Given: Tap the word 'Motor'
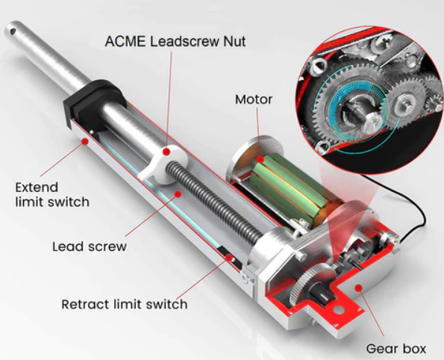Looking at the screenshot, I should point(254,99).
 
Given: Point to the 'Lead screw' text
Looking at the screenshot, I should point(90,246).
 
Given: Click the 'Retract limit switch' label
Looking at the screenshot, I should point(124,304).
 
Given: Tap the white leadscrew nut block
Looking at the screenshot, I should point(161,161).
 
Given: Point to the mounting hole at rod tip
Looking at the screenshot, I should point(12,31).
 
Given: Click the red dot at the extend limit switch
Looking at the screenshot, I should point(87,140).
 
